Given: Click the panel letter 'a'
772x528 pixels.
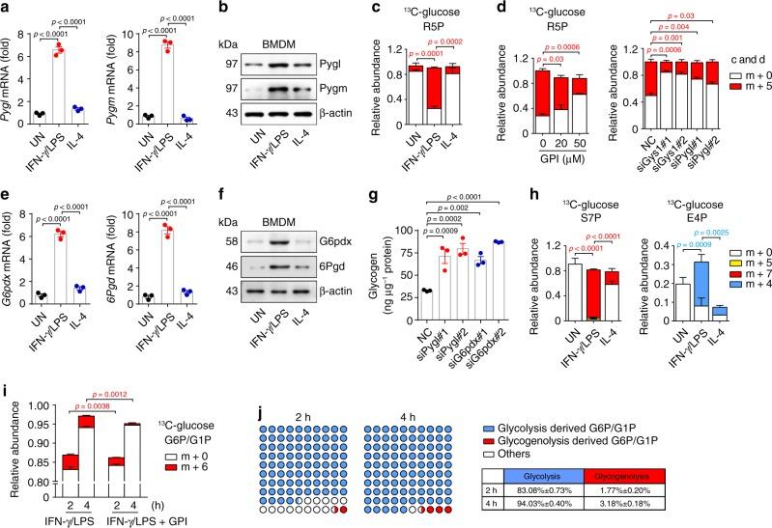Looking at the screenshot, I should (x=7, y=8).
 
